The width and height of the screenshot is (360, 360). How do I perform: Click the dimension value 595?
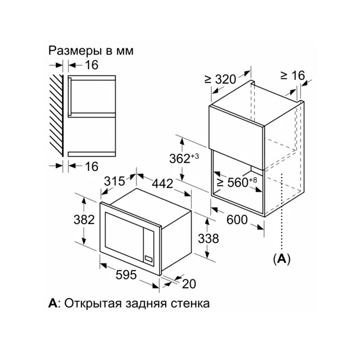126,274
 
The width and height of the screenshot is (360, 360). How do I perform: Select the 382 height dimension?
84,219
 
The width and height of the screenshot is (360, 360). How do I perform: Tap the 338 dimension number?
208,238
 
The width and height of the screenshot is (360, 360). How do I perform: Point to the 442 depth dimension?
162,184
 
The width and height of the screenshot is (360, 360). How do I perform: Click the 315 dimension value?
114,181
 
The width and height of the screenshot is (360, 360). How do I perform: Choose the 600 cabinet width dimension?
237,220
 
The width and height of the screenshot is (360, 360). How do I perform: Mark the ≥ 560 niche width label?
237,182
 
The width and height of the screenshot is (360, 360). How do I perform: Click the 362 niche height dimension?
184,159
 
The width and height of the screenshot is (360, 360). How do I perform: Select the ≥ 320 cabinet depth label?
220,79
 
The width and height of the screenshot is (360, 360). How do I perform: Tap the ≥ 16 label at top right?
292,75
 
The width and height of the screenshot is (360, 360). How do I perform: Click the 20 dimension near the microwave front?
189,284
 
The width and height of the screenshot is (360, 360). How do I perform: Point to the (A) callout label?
282,259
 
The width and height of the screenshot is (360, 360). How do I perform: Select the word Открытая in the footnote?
92,304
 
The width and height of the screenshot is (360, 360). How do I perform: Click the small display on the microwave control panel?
148,258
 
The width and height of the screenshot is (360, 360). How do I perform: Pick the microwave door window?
124,232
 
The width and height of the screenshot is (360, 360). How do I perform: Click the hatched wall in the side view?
56,115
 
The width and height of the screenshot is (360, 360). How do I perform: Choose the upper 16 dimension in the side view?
91,65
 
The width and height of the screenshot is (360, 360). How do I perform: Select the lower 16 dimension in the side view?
91,166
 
